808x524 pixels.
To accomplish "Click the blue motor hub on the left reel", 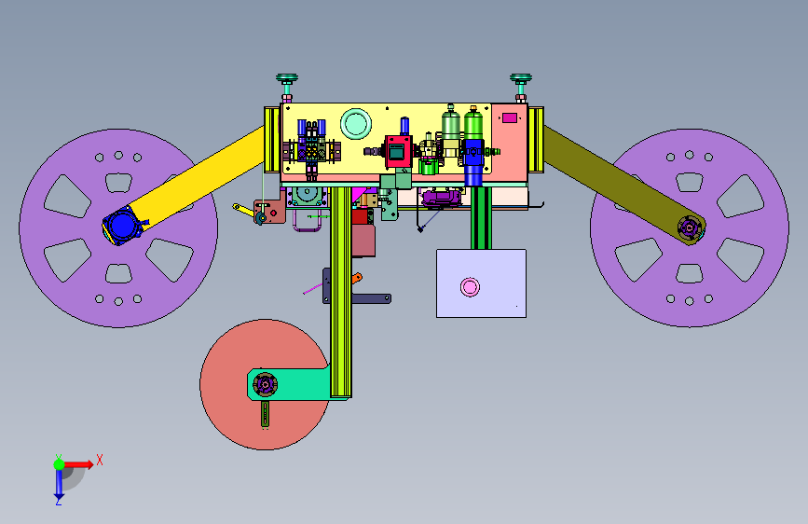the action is coord(122,226).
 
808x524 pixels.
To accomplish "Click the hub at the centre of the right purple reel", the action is coord(690,228).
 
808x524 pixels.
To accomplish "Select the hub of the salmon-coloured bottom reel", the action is coord(265,384).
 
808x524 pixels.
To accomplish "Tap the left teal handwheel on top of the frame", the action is coord(287,79).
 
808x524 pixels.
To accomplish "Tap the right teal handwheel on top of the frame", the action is coord(521,79).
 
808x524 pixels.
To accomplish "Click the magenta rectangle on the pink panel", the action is coord(510,118).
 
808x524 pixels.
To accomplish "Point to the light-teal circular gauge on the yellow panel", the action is coord(356,123).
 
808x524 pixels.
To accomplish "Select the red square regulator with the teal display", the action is coord(399,151).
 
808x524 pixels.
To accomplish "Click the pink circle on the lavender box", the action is coord(470,287).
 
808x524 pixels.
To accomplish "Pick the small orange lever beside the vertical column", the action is coord(357,279).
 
